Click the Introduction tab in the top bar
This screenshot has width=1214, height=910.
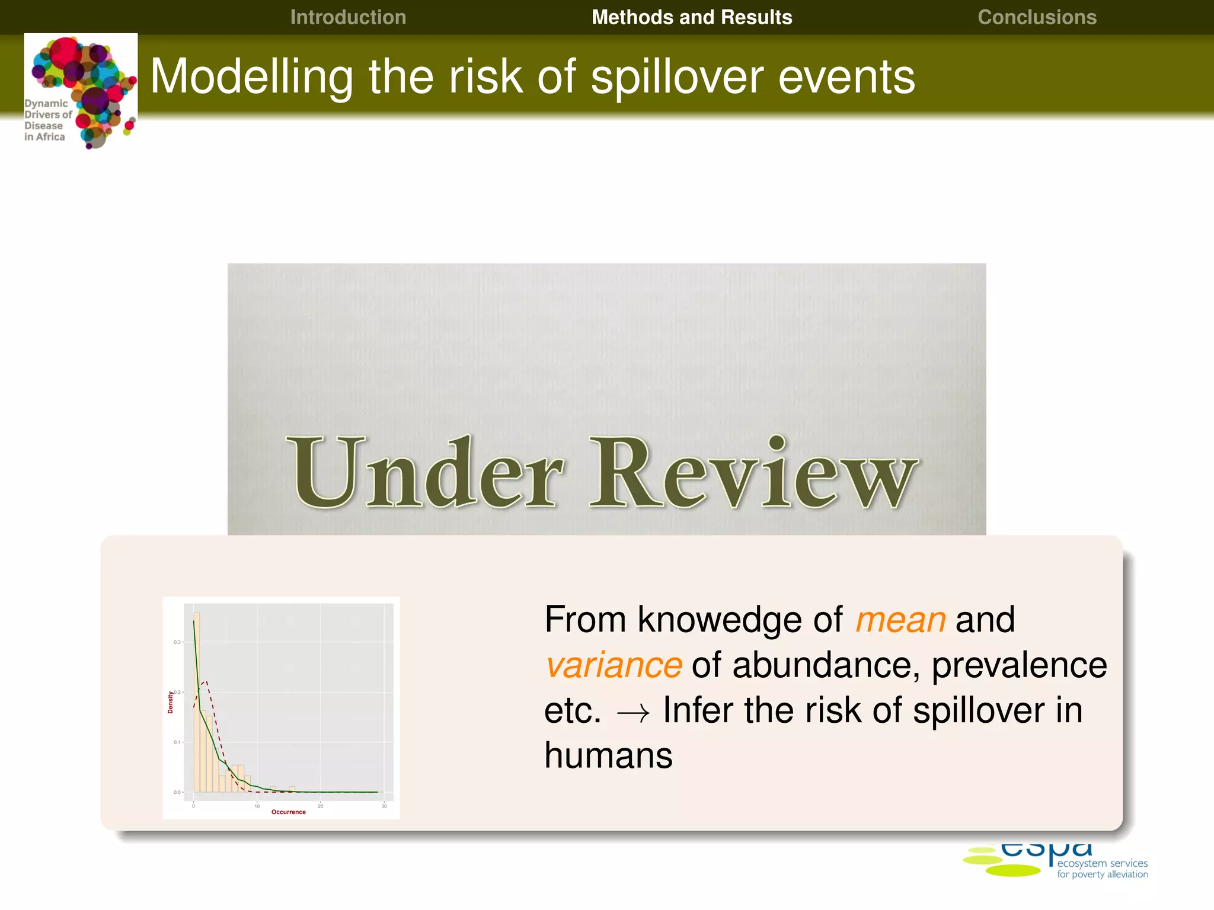point(348,17)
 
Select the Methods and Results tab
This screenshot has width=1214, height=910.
point(691,17)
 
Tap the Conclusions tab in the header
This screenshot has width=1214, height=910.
point(1037,17)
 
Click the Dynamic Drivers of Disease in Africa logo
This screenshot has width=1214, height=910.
point(81,91)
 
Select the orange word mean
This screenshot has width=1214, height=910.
point(900,620)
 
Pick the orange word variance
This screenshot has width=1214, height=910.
point(614,665)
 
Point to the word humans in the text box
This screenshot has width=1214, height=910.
point(608,756)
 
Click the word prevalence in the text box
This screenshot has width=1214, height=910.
point(1019,665)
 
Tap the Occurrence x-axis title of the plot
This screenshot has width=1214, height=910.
point(289,812)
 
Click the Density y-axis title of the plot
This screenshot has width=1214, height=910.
point(170,702)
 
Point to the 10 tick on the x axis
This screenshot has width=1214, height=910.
point(257,806)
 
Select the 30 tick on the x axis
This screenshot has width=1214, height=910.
point(384,806)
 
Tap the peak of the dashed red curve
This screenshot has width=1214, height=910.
point(205,682)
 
